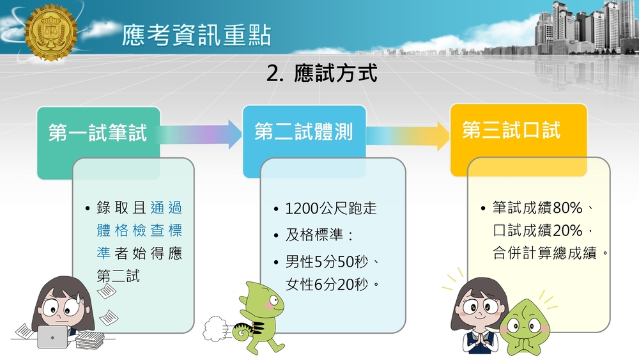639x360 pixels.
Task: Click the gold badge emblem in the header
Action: coord(50,33)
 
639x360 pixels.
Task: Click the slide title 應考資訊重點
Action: coord(196,35)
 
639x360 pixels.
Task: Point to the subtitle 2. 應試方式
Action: coord(322,74)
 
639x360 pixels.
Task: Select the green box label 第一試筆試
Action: coord(97,132)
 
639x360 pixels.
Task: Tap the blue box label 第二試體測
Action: coord(304,132)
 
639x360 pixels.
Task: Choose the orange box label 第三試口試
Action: coord(511,130)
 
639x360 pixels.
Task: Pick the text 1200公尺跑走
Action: coord(330,208)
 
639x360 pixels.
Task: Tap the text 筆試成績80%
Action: coord(537,208)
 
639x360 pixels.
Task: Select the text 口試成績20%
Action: coord(537,230)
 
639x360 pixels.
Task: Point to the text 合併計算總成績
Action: coord(545,253)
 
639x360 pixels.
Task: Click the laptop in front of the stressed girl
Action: coord(52,336)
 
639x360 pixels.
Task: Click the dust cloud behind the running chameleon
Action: coord(215,329)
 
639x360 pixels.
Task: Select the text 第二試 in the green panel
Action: coord(118,276)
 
